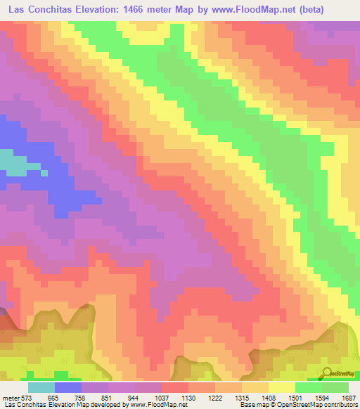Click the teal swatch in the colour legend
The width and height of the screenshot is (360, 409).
41,387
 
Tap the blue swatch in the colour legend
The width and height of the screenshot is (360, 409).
68,387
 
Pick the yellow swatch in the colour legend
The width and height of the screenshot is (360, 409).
282,387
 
